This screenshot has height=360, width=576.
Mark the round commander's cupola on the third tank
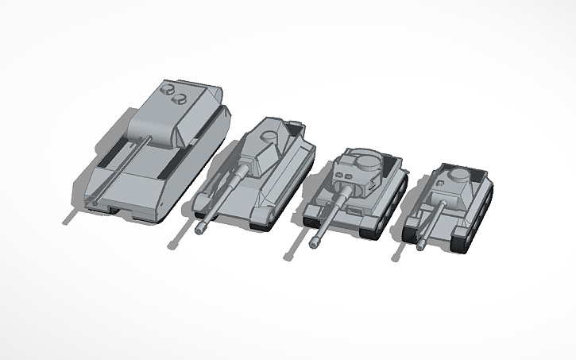pos(366,161)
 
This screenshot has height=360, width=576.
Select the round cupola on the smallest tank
pos(458,175)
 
